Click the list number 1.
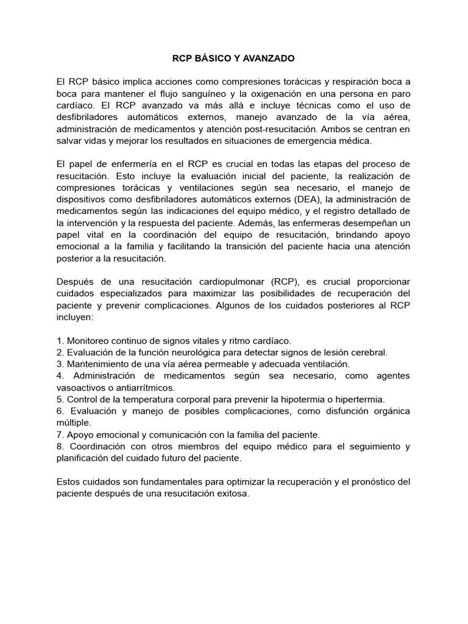click(58, 341)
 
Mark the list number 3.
click(58, 364)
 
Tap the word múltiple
click(74, 423)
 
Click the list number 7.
click(58, 434)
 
